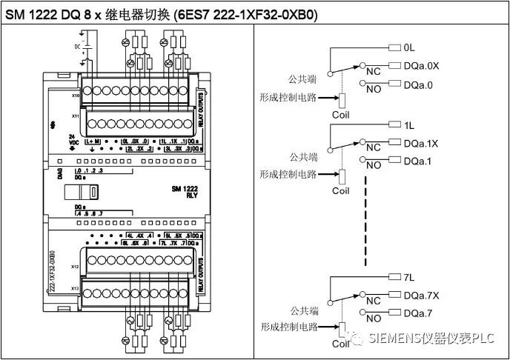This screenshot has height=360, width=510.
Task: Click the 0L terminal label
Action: coord(410,47)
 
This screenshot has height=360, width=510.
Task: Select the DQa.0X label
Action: coord(422,66)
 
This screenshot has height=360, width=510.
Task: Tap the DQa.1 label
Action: coord(419,161)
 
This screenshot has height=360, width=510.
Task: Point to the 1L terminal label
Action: coord(410,125)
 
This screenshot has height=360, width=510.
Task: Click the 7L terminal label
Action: coord(410,277)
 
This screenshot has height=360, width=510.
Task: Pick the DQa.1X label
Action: coord(422,144)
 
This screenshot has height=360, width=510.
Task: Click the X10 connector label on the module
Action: coord(76,96)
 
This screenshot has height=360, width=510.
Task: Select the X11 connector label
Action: coord(76,116)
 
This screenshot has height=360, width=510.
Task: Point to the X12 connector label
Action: coord(76,264)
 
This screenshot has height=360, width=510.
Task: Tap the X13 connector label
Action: coord(76,287)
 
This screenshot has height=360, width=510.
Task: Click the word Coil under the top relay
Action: coord(340,115)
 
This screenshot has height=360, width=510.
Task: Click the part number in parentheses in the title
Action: coord(244,13)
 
